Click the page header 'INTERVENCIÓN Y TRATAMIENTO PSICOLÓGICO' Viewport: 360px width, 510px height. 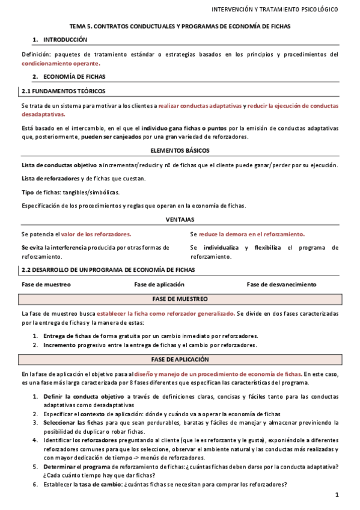(x=275, y=10)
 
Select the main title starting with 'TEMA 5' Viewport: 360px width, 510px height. (x=180, y=27)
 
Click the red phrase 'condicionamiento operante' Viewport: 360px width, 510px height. (x=61, y=63)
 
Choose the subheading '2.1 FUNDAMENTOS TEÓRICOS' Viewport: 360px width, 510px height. (x=63, y=91)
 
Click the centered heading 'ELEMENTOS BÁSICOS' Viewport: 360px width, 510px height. (x=180, y=150)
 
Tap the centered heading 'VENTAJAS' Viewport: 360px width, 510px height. (x=180, y=220)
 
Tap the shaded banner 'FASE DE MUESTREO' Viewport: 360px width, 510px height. (x=180, y=299)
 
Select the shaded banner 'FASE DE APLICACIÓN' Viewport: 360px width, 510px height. (x=180, y=360)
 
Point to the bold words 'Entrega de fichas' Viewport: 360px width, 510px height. (x=67, y=336)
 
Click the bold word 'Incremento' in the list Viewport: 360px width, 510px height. (x=59, y=345)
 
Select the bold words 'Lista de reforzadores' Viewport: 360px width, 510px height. (x=50, y=179)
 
